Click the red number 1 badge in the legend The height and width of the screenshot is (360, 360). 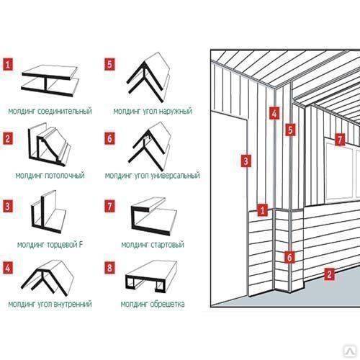(x=8, y=64)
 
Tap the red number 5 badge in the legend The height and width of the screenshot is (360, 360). (x=109, y=64)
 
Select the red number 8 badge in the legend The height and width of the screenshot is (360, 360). (x=109, y=268)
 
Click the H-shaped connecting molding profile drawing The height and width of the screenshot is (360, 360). (x=50, y=81)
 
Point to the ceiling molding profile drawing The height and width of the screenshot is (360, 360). (x=49, y=145)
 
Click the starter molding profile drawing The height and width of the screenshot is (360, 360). (x=153, y=216)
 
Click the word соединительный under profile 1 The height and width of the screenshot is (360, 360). (x=65, y=111)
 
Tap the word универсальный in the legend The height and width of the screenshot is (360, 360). (x=176, y=176)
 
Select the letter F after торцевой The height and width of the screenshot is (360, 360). (x=81, y=245)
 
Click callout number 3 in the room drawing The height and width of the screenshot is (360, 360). (x=246, y=161)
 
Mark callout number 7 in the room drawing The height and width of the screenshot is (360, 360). (x=340, y=140)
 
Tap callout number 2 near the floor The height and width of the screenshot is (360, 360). (x=329, y=274)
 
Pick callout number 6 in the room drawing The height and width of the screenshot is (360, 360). (x=289, y=257)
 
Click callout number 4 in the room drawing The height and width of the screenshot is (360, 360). (x=274, y=113)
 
